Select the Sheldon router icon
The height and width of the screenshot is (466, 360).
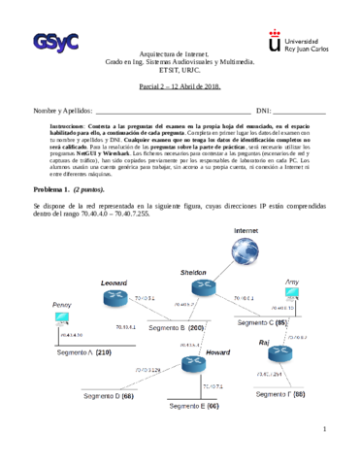click(205, 286)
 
